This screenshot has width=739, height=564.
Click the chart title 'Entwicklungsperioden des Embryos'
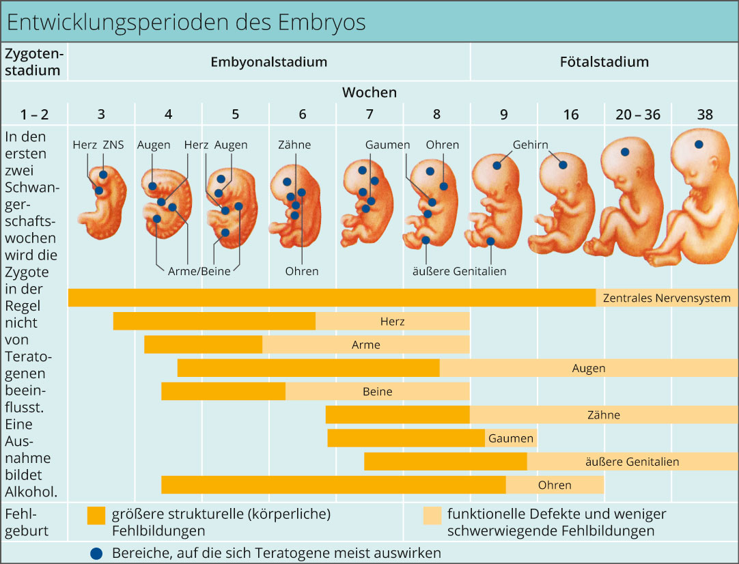click(x=186, y=22)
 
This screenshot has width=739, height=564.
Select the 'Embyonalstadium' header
click(x=268, y=62)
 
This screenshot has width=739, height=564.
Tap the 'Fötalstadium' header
click(x=604, y=62)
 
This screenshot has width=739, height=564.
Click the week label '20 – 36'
click(x=638, y=115)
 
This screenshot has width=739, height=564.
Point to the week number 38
click(x=705, y=115)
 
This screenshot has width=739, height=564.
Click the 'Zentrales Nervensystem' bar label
click(x=667, y=298)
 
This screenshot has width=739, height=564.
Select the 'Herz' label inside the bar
click(x=393, y=321)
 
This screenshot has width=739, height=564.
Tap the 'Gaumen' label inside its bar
click(x=510, y=438)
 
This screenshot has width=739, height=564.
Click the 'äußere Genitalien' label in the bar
click(x=632, y=462)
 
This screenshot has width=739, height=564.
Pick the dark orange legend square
click(x=96, y=515)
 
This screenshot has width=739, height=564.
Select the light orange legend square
click(x=432, y=515)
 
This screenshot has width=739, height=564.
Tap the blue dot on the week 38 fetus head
click(x=698, y=145)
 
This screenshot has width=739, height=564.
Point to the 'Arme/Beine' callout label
click(x=199, y=271)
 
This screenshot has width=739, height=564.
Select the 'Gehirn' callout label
click(x=531, y=145)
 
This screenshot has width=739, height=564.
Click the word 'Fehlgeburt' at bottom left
click(x=27, y=522)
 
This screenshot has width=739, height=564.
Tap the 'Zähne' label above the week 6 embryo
click(x=294, y=145)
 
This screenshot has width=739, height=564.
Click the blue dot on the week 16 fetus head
click(x=563, y=165)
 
